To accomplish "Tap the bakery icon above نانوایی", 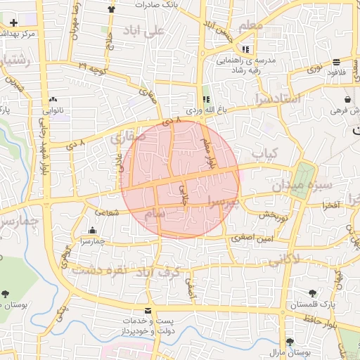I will click(x=53, y=99).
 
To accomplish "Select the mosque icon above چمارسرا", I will click(x=93, y=230).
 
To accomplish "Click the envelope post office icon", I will click(x=147, y=311).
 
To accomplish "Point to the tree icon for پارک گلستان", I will click(x=312, y=293).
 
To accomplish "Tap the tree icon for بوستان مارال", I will click(x=290, y=340).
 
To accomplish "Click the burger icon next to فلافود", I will click(x=336, y=62).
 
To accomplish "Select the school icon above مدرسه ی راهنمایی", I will click(x=245, y=49).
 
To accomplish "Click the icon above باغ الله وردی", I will click(x=206, y=100).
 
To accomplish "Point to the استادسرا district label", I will click(x=280, y=98).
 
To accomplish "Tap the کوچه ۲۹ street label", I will click(x=93, y=67).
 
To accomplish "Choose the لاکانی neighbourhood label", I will click(x=283, y=260).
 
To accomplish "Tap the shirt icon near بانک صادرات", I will click(x=111, y=9).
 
